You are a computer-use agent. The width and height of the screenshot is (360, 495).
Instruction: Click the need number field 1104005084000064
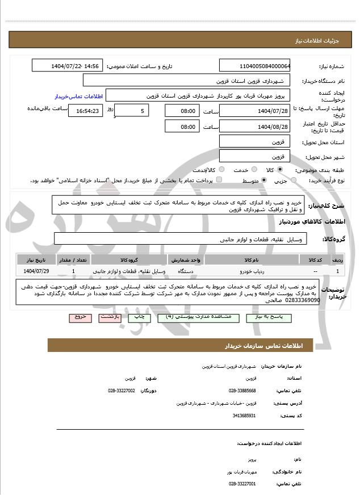(254, 66)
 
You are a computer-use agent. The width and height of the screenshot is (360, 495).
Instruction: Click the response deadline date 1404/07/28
(254, 111)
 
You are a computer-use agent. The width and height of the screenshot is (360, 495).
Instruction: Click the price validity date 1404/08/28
(254, 127)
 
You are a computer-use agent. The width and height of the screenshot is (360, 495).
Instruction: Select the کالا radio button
(280, 170)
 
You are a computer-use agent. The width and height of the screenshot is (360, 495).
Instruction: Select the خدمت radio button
(253, 170)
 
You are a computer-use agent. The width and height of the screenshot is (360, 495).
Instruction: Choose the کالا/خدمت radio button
(221, 170)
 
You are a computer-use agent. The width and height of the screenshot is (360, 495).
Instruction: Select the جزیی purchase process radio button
(293, 180)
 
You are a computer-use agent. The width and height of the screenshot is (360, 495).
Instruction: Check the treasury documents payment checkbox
(220, 180)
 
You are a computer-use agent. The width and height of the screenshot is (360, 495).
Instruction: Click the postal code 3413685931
(243, 416)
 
